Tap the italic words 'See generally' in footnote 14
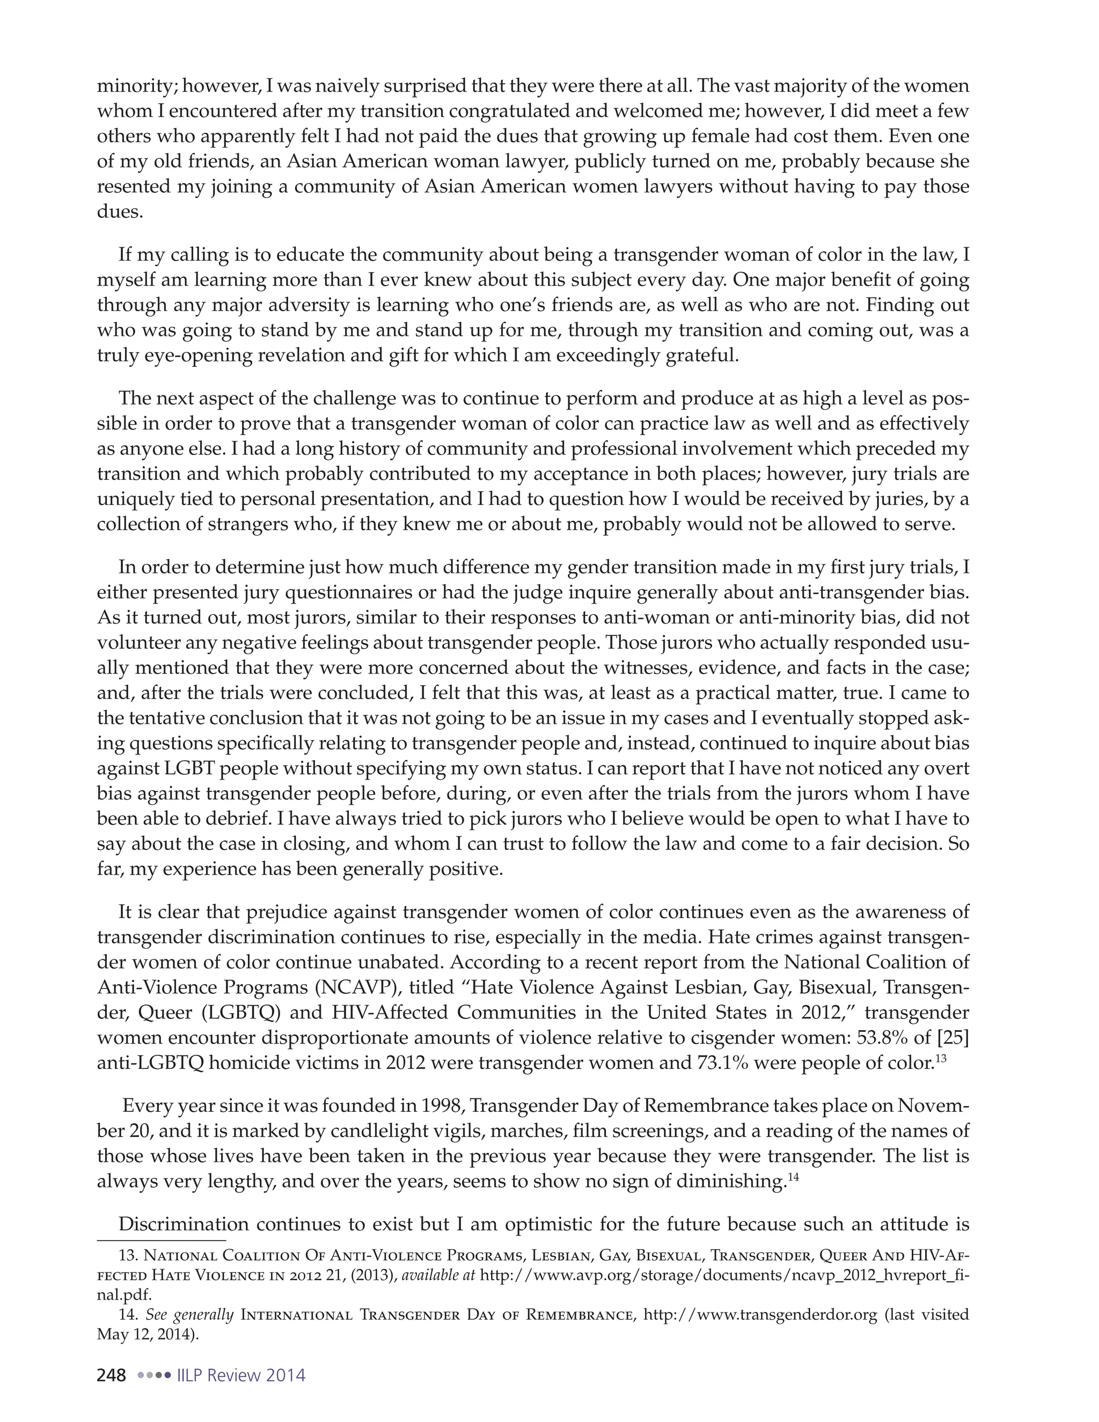coord(189,1315)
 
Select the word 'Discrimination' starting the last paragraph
coord(184,1225)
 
